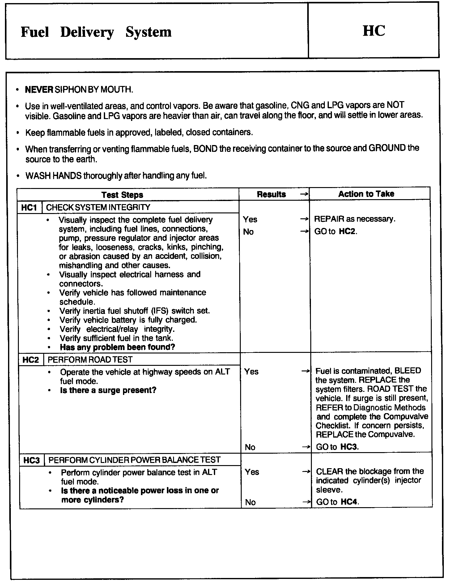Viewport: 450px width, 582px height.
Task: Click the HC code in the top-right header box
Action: (374, 31)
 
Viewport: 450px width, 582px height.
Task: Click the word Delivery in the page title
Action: (87, 32)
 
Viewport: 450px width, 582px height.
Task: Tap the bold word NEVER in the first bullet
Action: (39, 90)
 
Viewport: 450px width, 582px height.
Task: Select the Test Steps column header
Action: (122, 195)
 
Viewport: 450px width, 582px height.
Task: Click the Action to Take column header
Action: (366, 194)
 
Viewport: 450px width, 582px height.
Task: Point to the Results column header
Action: (271, 194)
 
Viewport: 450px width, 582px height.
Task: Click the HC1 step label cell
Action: (29, 208)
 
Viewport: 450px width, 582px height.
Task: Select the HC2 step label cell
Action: (31, 360)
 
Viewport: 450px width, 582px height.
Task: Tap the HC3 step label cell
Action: (32, 460)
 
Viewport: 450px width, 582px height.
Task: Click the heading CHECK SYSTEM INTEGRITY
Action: (98, 208)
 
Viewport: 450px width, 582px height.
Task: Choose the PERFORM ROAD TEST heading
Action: (90, 360)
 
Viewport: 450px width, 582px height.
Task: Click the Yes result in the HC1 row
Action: (250, 220)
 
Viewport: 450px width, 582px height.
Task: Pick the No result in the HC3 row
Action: (250, 503)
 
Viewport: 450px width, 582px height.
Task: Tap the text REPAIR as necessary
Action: (354, 219)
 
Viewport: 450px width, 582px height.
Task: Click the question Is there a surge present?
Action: (108, 390)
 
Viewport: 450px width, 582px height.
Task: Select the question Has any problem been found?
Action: (117, 347)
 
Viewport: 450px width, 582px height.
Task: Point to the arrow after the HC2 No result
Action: (306, 447)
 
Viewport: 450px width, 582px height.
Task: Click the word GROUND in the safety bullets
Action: (387, 148)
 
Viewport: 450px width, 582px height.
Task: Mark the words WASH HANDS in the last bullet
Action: (53, 176)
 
